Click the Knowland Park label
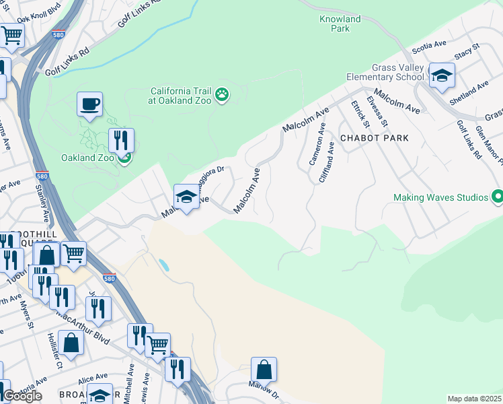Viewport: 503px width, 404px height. click(x=340, y=24)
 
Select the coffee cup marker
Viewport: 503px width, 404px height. click(x=89, y=105)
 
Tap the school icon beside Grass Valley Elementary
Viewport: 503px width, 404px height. click(x=442, y=75)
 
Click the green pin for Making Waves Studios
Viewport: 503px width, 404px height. click(x=497, y=197)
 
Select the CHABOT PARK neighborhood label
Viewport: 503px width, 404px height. click(x=375, y=137)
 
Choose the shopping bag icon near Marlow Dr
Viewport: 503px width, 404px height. click(x=264, y=370)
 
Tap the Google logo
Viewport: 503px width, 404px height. click(x=22, y=395)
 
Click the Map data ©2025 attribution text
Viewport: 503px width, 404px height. click(x=474, y=399)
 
